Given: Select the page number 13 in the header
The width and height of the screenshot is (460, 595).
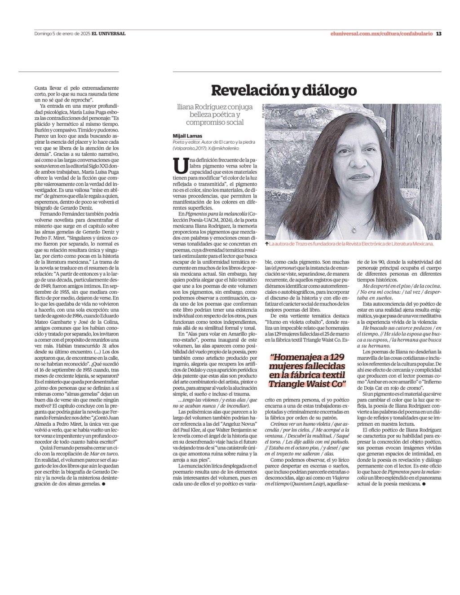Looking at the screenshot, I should (439, 33).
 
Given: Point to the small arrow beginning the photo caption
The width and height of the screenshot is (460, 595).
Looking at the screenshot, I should (267, 244).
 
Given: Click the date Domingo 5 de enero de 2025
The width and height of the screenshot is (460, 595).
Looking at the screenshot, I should (62, 33).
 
